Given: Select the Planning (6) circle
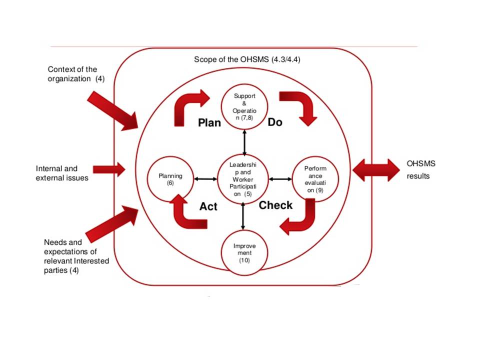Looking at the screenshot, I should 170,179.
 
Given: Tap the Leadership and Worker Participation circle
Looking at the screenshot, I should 243,178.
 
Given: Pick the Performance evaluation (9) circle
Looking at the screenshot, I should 315,179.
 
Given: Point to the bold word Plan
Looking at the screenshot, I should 209,123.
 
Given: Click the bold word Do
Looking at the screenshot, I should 275,122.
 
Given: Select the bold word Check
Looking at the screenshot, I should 275,205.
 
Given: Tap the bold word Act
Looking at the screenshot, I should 208,206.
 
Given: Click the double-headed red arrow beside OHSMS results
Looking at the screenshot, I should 376,170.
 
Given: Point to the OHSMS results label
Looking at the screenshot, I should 418,170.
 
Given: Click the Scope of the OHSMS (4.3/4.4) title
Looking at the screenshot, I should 247,59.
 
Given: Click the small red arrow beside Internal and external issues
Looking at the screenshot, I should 108,169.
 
